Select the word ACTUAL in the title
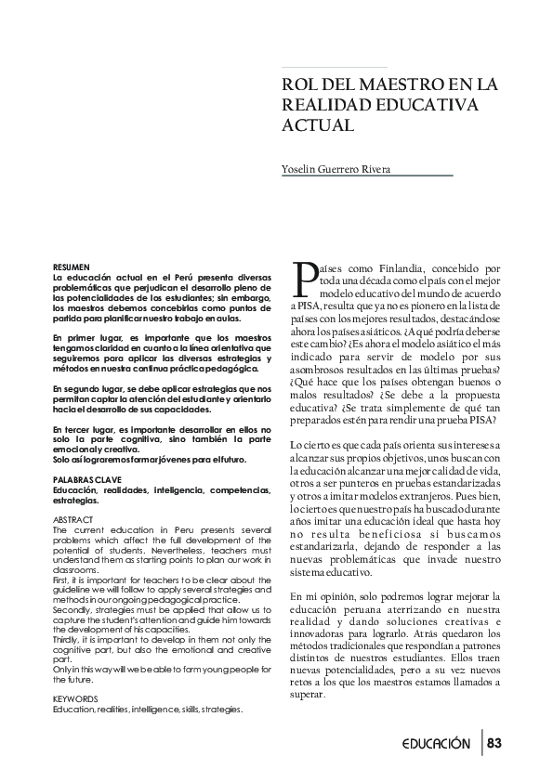tap(316, 124)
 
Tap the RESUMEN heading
tap(72, 267)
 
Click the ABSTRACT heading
tap(73, 518)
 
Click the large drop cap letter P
tap(303, 277)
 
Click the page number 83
tap(494, 743)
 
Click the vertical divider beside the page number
tap(482, 743)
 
